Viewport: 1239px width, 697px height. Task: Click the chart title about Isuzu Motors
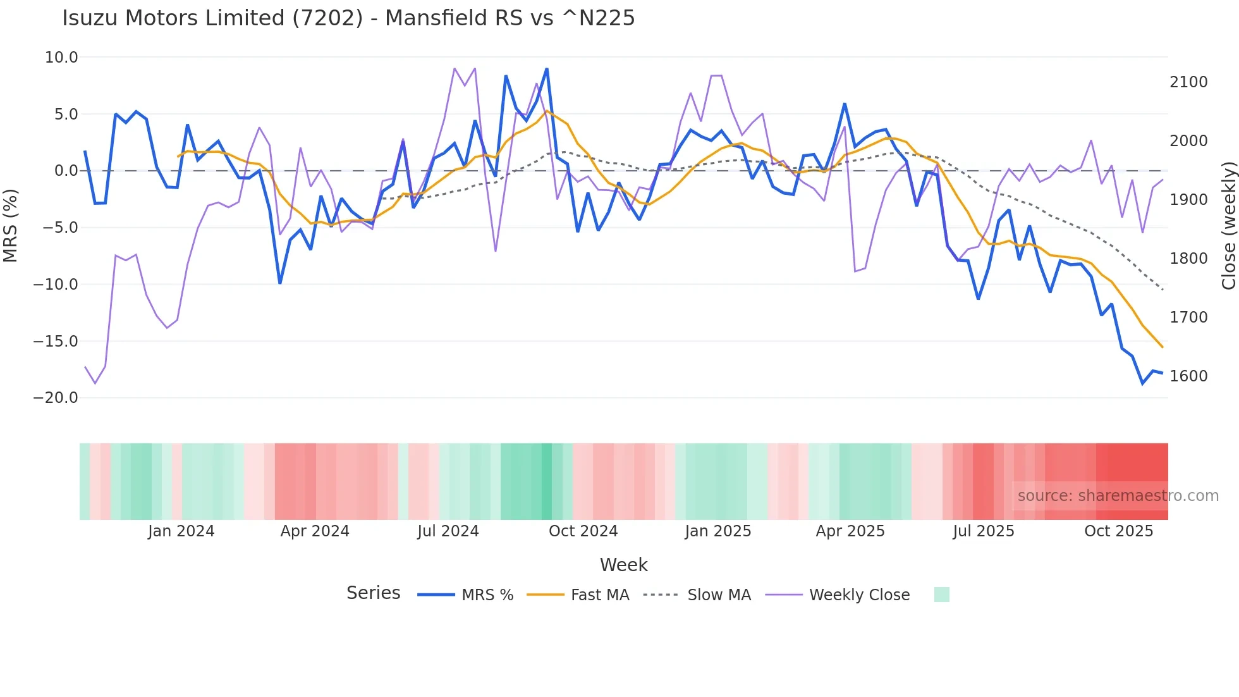pyautogui.click(x=348, y=18)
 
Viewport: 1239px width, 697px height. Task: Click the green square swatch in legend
pyautogui.click(x=941, y=595)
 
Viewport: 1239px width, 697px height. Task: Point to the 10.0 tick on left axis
pyautogui.click(x=61, y=58)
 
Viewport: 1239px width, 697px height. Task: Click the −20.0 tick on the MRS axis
pyautogui.click(x=56, y=398)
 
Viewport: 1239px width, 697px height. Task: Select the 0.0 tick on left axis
pyautogui.click(x=66, y=171)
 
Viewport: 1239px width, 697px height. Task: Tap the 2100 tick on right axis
pyautogui.click(x=1188, y=82)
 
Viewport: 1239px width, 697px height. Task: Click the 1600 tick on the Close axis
pyautogui.click(x=1188, y=376)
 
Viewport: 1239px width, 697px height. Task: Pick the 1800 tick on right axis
pyautogui.click(x=1188, y=259)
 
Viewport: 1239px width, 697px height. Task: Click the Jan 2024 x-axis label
pyautogui.click(x=181, y=531)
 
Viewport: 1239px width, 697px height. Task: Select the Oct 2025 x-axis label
pyautogui.click(x=1118, y=531)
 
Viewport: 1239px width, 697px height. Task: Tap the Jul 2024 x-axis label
pyautogui.click(x=448, y=531)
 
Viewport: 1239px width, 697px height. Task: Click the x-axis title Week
pyautogui.click(x=623, y=565)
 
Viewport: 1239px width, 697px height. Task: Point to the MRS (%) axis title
pyautogui.click(x=11, y=225)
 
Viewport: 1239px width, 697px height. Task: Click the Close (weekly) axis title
pyautogui.click(x=1228, y=225)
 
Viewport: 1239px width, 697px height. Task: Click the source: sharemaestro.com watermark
pyautogui.click(x=1118, y=496)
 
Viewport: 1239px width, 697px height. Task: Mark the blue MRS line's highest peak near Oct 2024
pyautogui.click(x=547, y=69)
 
